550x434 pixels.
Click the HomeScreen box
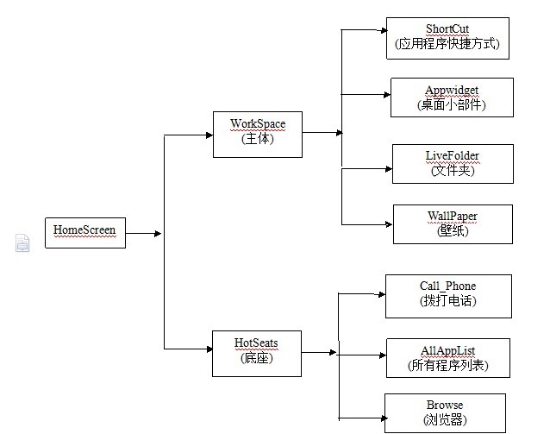(84, 231)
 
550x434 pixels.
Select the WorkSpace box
(257, 133)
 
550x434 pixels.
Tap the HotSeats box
(256, 352)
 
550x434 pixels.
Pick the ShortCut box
(447, 37)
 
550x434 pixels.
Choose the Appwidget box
(452, 97)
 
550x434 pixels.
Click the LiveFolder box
(452, 163)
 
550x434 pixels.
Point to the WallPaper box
(453, 223)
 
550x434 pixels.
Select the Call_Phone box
(447, 294)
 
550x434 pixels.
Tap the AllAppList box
(448, 358)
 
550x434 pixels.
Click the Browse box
(444, 412)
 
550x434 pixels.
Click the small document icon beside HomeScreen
(22, 243)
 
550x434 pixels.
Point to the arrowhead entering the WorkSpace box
(209, 135)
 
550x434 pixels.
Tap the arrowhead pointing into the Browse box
(380, 418)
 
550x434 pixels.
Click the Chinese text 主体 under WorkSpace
(257, 140)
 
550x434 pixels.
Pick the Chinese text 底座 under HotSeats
(256, 359)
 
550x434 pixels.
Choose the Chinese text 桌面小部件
(452, 105)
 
